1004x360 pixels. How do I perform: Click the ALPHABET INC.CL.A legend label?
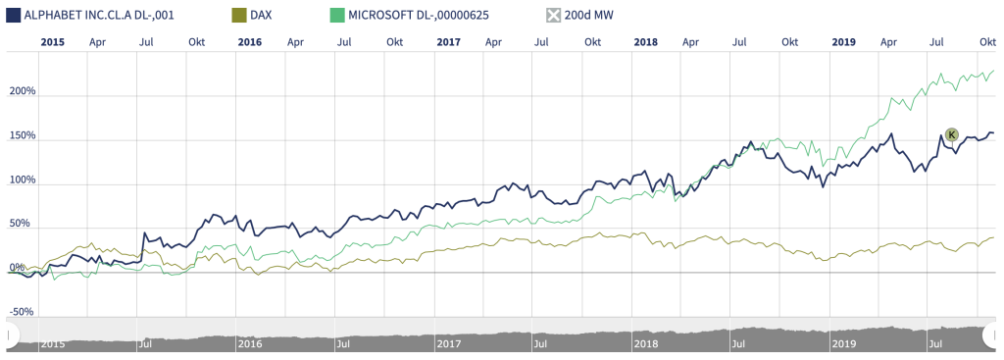99,16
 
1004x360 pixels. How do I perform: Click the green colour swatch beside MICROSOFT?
337,16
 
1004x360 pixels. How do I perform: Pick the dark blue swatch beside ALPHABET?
14,16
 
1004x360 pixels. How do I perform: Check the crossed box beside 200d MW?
554,16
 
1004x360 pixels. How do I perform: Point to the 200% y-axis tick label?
22,92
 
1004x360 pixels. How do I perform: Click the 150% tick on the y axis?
22,136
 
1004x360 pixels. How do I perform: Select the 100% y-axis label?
22,180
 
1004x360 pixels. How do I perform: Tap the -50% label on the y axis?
22,312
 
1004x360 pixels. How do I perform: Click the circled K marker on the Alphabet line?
951,134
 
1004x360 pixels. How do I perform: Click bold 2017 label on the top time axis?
448,42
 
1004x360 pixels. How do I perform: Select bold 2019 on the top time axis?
843,42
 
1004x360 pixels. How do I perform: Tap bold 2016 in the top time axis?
250,42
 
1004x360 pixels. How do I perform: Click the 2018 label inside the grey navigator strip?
646,344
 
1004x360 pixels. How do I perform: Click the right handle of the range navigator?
991,336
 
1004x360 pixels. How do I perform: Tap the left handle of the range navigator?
12,336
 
